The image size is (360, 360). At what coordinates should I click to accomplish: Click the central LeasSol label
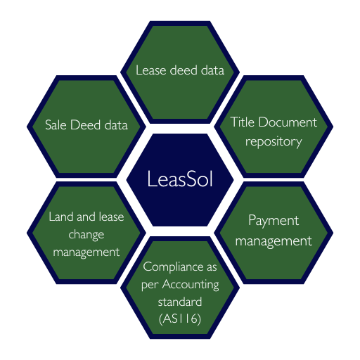coord(180,179)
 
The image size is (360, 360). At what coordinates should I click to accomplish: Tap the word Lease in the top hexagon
coord(151,70)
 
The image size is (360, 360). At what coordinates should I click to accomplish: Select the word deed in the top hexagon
coord(184,70)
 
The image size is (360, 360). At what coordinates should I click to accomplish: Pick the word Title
coord(243,122)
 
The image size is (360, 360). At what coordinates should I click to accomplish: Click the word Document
coord(288,122)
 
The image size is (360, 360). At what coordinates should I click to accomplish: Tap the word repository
coord(274,142)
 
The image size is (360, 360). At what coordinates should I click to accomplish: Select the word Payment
coord(274,221)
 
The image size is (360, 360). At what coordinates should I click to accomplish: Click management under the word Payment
coord(274,241)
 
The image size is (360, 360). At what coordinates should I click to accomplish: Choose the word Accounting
coord(191,285)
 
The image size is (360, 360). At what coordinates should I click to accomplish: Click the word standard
coord(180,302)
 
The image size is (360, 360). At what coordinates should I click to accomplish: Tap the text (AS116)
coord(180,319)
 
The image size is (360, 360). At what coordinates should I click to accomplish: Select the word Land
coord(61,217)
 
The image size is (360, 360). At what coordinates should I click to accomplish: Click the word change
coord(86,235)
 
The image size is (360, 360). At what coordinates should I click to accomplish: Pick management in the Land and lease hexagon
coord(86,252)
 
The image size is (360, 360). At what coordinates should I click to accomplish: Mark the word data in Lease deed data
coord(212,70)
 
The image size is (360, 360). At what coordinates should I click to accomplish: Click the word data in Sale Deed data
coord(116,124)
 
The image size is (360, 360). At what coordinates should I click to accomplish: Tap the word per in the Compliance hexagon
coord(150,286)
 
